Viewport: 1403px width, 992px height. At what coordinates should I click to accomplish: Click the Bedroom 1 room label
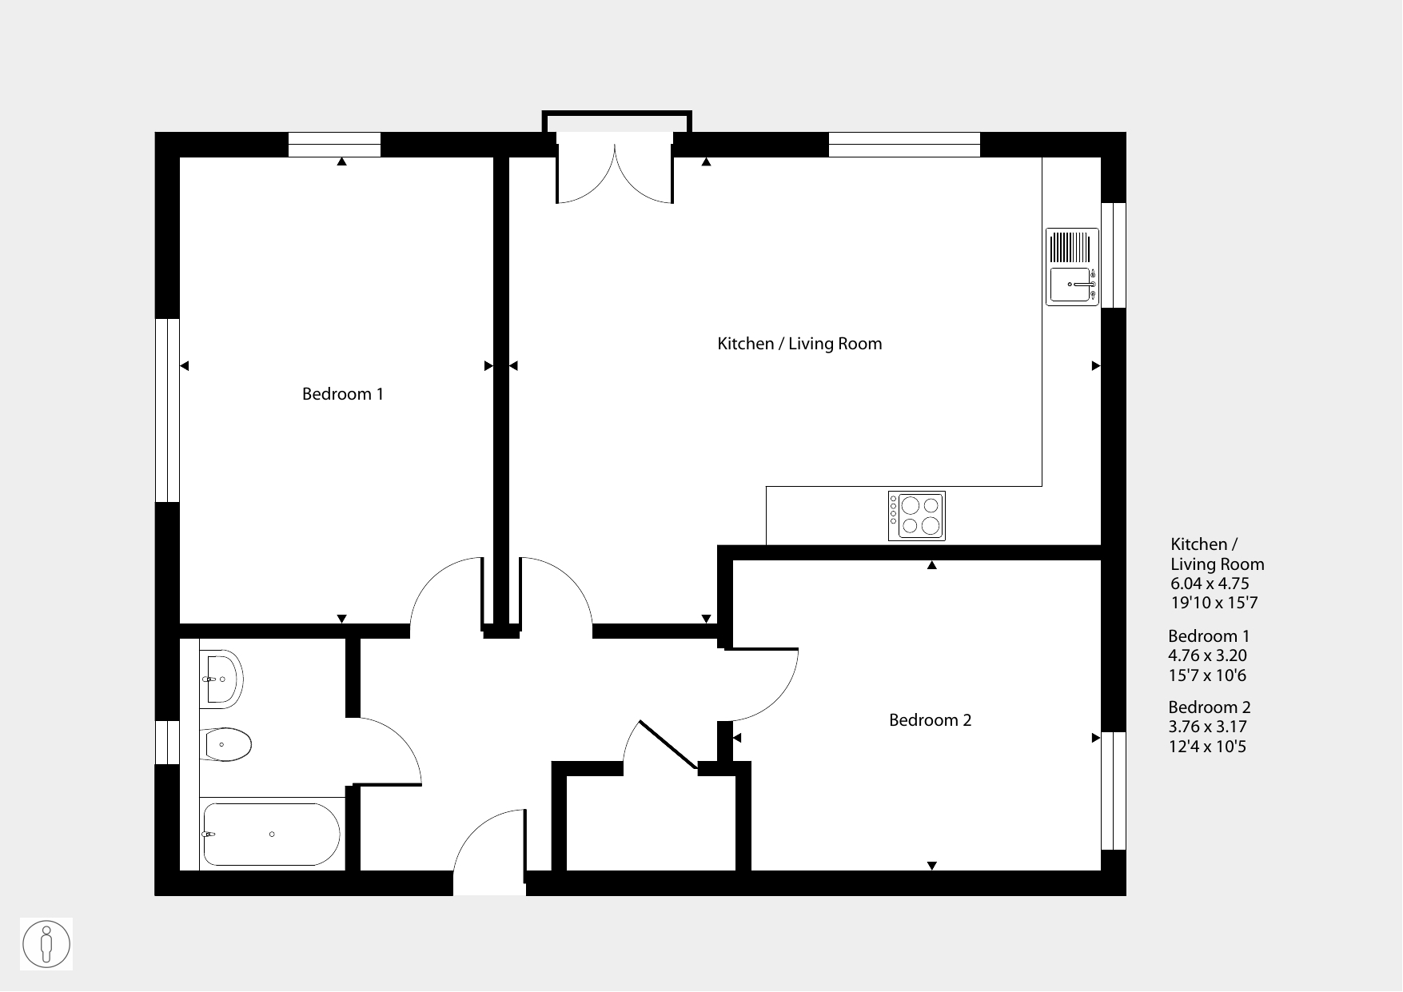[x=343, y=394]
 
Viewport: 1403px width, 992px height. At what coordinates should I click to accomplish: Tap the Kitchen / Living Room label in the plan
[x=799, y=344]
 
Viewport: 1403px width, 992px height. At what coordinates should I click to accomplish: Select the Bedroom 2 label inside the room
[x=930, y=720]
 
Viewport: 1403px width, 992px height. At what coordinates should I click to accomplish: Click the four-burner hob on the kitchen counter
[x=917, y=516]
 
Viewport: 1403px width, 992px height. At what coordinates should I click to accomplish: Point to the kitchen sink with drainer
[x=1073, y=267]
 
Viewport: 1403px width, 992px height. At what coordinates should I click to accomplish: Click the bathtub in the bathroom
[x=271, y=834]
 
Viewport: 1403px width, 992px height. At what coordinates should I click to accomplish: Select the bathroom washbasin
[x=221, y=679]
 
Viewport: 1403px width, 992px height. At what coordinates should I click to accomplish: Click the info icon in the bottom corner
[x=46, y=944]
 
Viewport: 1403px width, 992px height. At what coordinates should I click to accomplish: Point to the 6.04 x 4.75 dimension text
[x=1210, y=584]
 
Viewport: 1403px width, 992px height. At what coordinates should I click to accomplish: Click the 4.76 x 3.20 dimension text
[x=1207, y=655]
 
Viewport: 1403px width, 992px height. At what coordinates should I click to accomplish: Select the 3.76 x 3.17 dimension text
[x=1207, y=727]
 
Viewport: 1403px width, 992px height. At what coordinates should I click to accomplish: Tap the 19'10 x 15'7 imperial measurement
[x=1214, y=603]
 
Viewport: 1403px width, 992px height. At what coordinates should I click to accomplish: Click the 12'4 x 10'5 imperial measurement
[x=1207, y=747]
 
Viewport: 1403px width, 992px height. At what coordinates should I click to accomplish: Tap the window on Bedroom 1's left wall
[x=167, y=410]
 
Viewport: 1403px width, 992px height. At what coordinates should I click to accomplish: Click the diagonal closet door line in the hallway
[x=668, y=746]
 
